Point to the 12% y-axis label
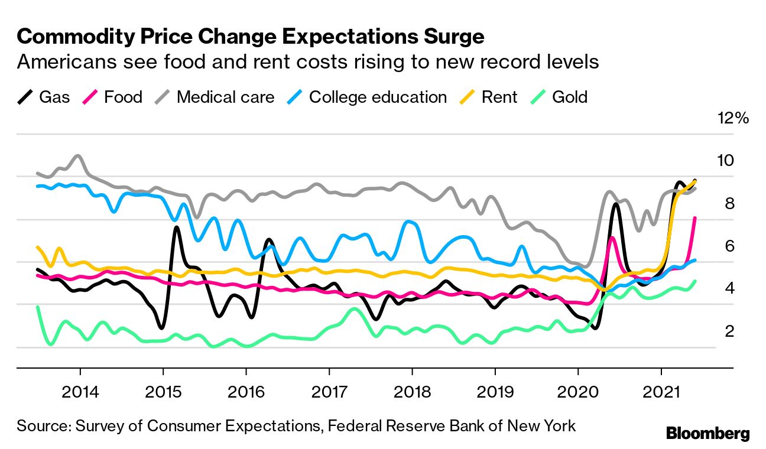point(733,118)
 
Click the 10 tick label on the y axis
point(725,161)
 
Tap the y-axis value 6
point(729,246)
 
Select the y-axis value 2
point(729,331)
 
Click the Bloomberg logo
point(708,433)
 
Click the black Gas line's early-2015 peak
point(176,227)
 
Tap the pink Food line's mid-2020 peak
point(612,237)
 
